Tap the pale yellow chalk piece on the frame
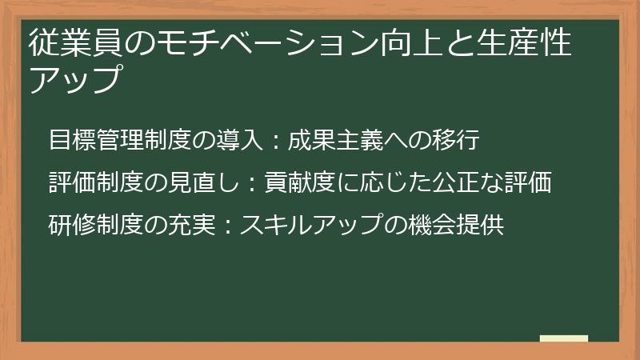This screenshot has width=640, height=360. click(564, 338)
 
